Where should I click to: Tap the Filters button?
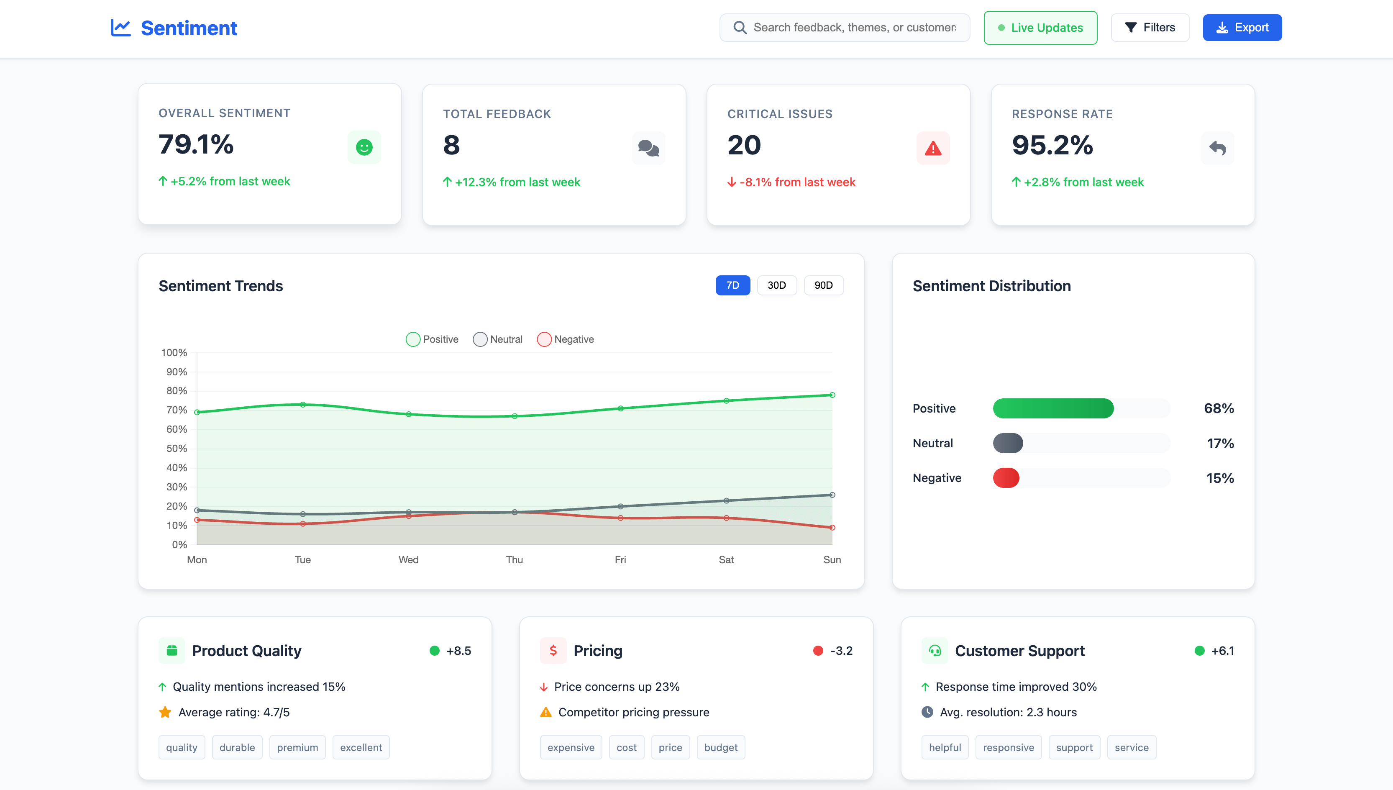tap(1150, 28)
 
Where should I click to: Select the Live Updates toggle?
tap(1040, 28)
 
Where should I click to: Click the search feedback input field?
tap(854, 28)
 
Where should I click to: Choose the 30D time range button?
tap(776, 285)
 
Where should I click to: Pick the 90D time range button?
tap(823, 285)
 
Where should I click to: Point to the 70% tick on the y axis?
tap(176, 410)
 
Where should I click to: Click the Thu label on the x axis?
tap(514, 559)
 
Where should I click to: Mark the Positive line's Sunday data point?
tap(832, 395)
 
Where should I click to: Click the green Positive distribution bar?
tap(1053, 408)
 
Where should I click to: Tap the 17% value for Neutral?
tap(1220, 443)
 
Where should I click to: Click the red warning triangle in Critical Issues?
tap(933, 148)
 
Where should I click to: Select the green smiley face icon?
tap(364, 147)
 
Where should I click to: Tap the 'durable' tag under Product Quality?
tap(237, 748)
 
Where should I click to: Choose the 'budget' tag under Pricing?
tap(720, 748)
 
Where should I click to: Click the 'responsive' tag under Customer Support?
tap(1008, 748)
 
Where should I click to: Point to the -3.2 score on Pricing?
tap(841, 651)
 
